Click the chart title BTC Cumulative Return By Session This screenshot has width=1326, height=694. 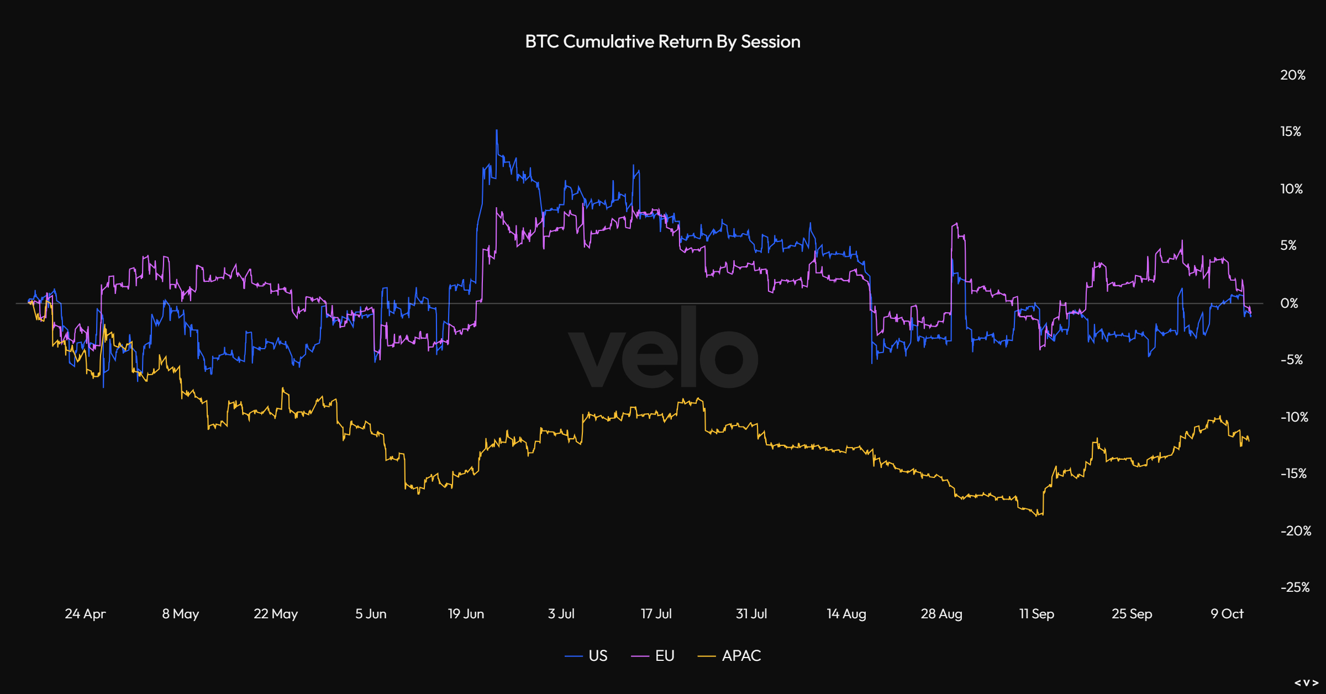662,42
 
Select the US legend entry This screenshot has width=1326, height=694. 587,656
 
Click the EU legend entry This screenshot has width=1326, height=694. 653,656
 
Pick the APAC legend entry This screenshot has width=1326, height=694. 730,656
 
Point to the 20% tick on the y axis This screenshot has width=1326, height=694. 1292,75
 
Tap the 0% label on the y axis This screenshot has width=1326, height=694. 1289,303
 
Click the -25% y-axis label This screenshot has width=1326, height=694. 1295,587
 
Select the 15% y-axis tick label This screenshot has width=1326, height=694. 1291,132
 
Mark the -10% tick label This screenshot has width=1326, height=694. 1294,417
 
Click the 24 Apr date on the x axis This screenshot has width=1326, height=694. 85,614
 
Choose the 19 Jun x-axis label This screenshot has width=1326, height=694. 466,614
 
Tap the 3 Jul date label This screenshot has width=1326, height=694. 561,614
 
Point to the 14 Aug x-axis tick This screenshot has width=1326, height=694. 846,614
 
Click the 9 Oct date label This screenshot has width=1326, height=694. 1227,614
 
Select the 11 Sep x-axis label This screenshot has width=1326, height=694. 1036,614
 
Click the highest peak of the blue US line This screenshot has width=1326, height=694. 497,131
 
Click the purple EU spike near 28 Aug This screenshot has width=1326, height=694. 955,224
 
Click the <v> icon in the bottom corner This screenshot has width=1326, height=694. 1307,683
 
